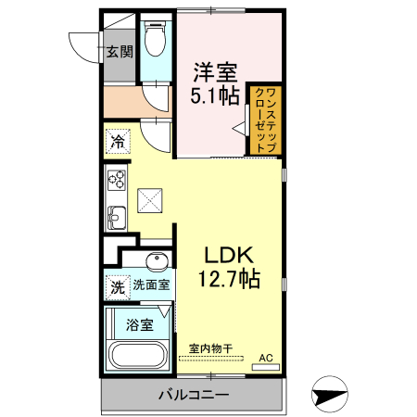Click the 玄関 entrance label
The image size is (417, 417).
pyautogui.click(x=118, y=51)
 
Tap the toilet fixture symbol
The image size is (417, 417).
pyautogui.click(x=157, y=38)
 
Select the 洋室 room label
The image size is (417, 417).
pyautogui.click(x=215, y=70)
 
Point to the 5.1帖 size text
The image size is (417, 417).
pyautogui.click(x=215, y=95)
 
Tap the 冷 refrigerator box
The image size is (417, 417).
pyautogui.click(x=118, y=142)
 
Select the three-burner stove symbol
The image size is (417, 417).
pyautogui.click(x=116, y=179)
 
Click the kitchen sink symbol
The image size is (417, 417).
pyautogui.click(x=116, y=219)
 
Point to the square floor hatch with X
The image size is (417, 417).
pyautogui.click(x=149, y=198)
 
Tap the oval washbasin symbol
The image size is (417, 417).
pyautogui.click(x=157, y=259)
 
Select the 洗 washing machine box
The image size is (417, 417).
pyautogui.click(x=117, y=286)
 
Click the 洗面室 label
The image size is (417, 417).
pyautogui.click(x=150, y=286)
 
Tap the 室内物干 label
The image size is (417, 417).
pyautogui.click(x=211, y=349)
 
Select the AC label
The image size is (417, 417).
pyautogui.click(x=266, y=357)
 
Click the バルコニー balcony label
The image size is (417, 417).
pyautogui.click(x=193, y=396)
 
